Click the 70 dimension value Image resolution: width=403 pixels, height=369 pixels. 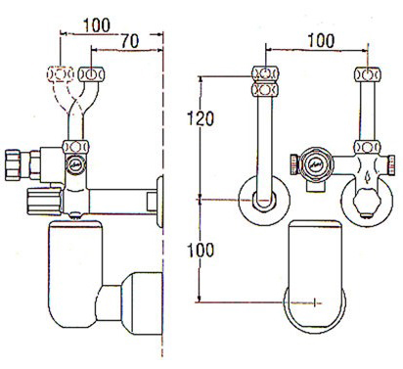[130, 41]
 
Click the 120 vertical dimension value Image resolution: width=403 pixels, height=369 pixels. [201, 118]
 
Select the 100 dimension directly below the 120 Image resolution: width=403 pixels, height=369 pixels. [201, 250]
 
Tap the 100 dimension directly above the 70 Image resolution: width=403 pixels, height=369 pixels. [97, 25]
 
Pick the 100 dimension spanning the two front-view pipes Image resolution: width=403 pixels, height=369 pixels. [321, 40]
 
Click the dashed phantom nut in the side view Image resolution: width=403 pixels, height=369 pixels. [60, 74]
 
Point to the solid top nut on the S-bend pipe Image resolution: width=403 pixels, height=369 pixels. [92, 73]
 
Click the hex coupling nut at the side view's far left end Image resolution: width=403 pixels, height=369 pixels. [13, 165]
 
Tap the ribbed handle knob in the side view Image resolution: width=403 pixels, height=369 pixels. [45, 202]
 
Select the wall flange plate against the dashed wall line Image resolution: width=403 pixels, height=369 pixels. [159, 202]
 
